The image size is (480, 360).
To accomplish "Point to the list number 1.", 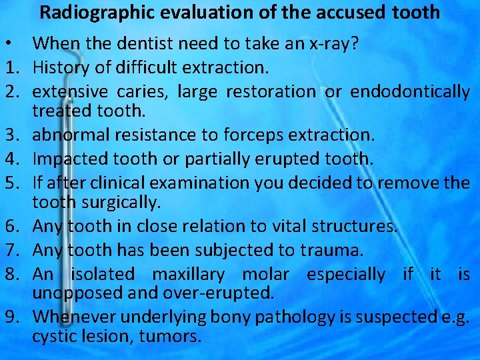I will click(8, 67).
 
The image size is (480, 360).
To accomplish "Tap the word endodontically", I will click(409, 91).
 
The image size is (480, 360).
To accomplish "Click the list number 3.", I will click(8, 135).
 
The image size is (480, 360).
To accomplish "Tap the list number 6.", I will click(8, 227).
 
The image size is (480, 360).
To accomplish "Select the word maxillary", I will click(193, 274).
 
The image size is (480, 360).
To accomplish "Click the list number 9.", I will click(8, 316).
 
